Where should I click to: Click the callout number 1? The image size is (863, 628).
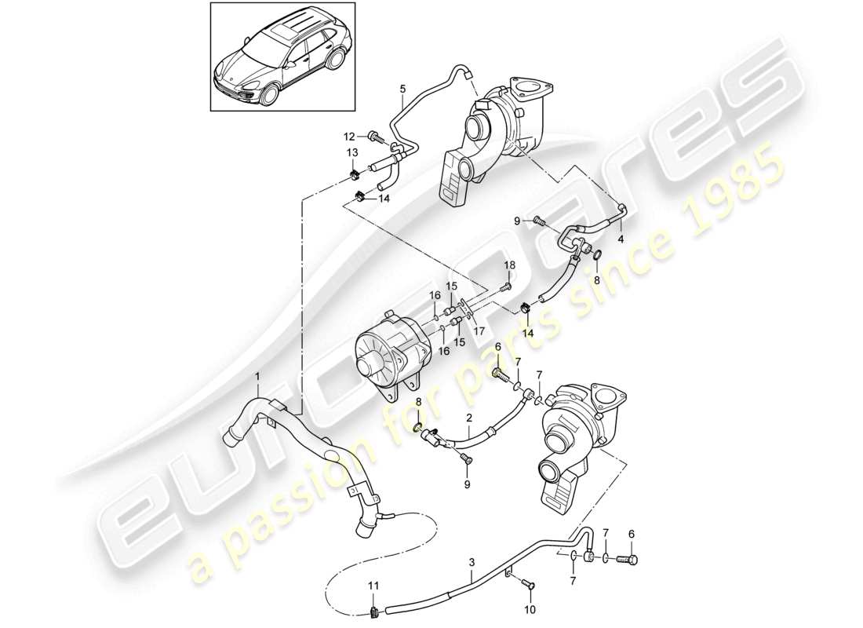pos(258,378)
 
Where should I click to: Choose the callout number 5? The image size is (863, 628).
pos(402,89)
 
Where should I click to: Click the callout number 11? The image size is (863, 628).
pos(373,585)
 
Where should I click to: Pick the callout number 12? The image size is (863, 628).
pos(350,135)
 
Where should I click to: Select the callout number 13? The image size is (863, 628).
pos(353,152)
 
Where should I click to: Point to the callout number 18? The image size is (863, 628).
pos(508,266)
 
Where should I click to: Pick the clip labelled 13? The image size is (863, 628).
pos(354,169)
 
